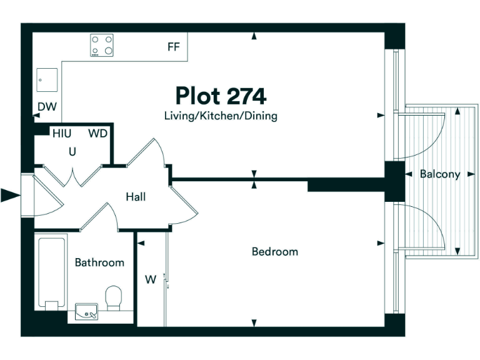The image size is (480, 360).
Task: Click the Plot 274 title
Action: pyautogui.click(x=221, y=96)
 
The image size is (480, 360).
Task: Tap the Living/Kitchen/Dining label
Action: pyautogui.click(x=221, y=116)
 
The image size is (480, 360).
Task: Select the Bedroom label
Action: pyautogui.click(x=274, y=252)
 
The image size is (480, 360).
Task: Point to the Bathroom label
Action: pyautogui.click(x=99, y=262)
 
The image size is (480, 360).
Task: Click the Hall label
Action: pyautogui.click(x=136, y=197)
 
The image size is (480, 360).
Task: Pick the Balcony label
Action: pyautogui.click(x=439, y=174)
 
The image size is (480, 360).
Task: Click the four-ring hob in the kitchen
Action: pyautogui.click(x=102, y=46)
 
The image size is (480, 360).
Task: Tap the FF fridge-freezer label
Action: pyautogui.click(x=173, y=47)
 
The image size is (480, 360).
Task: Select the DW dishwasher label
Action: pyautogui.click(x=47, y=107)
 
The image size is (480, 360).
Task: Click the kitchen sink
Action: pyautogui.click(x=47, y=80)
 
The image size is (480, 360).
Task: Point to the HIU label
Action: pyautogui.click(x=62, y=133)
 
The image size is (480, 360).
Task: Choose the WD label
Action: pyautogui.click(x=97, y=133)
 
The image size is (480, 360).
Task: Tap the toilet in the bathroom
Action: pyautogui.click(x=114, y=297)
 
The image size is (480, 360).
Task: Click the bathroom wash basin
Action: pyautogui.click(x=86, y=311)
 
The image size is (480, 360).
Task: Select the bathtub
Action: pyautogui.click(x=51, y=272)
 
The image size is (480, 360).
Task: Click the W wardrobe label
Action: pyautogui.click(x=150, y=280)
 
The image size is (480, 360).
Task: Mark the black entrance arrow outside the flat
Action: pyautogui.click(x=11, y=196)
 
